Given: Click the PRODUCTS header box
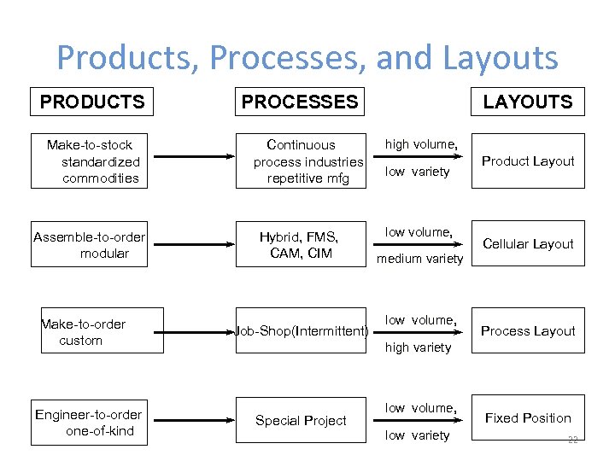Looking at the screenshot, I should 92,102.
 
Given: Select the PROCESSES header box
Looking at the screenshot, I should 300,102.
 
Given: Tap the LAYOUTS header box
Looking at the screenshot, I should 528,102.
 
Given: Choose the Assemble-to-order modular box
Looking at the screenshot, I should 90,245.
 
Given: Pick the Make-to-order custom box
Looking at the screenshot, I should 101,331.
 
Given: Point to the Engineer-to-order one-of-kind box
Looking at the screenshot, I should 90,422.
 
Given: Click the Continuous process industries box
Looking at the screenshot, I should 301,161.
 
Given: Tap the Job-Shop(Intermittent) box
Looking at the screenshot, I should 301,331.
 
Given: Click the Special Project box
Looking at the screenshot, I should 301,421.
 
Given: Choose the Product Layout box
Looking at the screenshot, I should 528,161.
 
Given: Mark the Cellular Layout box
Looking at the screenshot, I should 528,244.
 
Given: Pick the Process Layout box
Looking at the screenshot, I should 528,331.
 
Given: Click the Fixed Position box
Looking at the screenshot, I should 528,417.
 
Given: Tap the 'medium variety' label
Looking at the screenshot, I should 420,259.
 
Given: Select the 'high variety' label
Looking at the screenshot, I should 418,347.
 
